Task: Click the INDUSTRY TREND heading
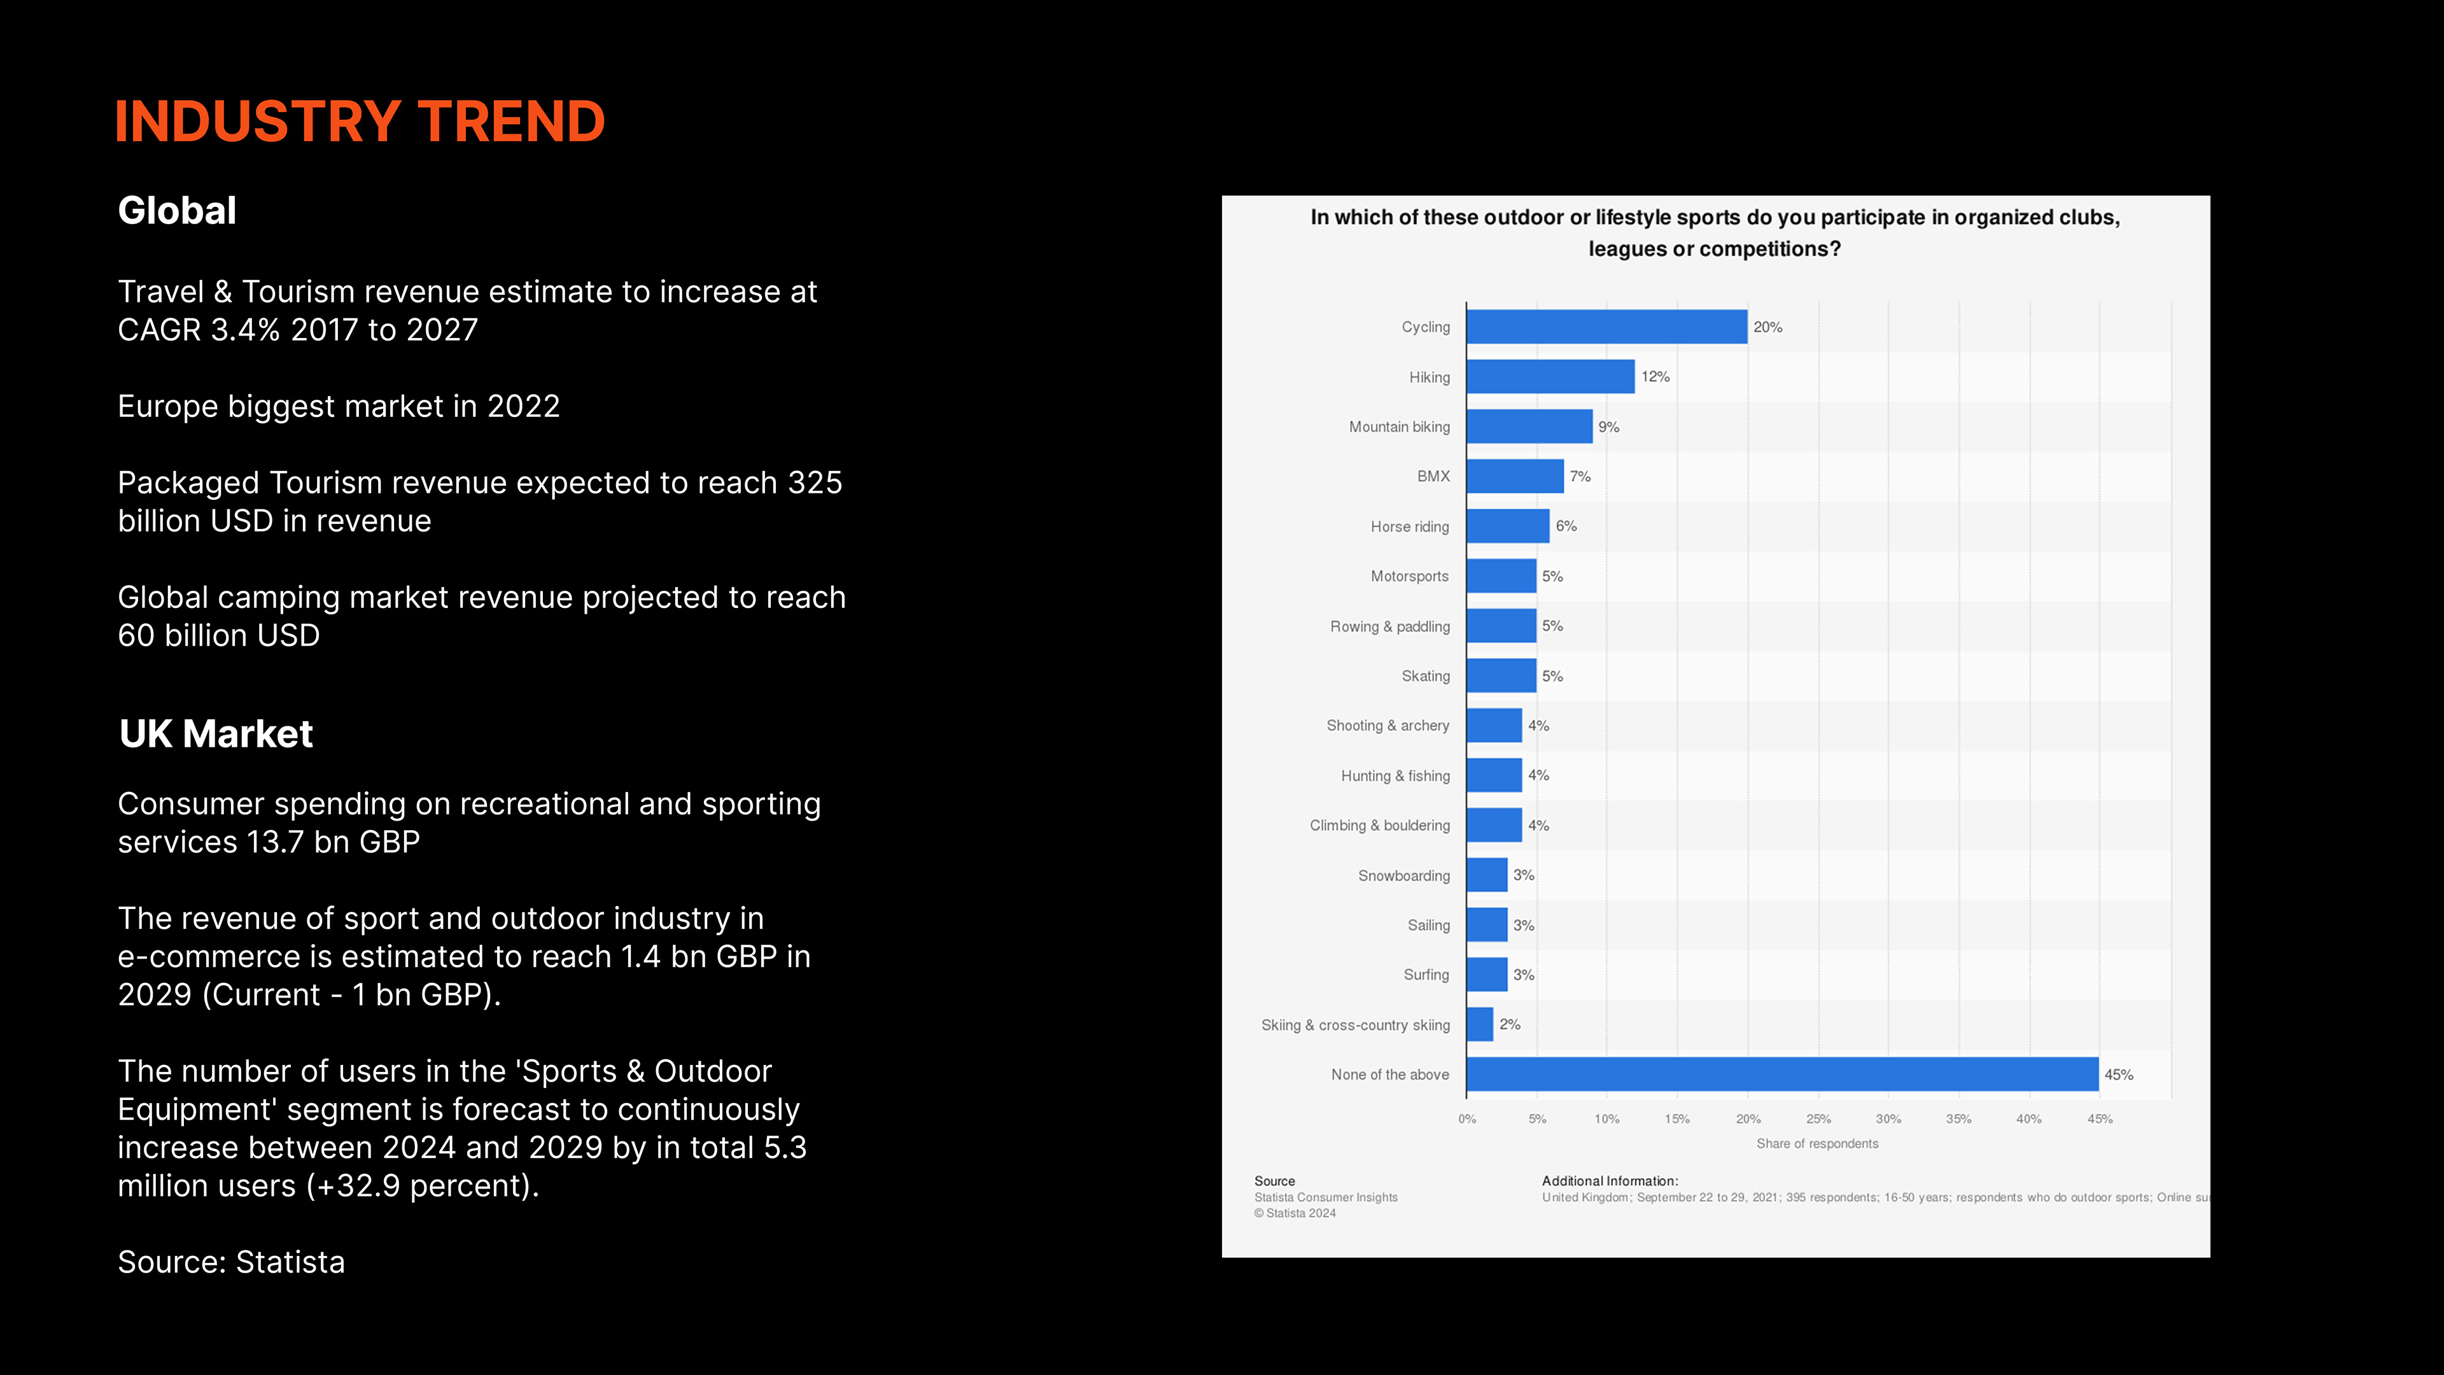(360, 122)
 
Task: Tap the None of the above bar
(1782, 1074)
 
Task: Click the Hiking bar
(1550, 377)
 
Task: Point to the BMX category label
(1433, 476)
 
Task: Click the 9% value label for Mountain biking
(1608, 427)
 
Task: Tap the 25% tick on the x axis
(1818, 1119)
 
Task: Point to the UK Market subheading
(216, 733)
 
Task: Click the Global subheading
(178, 211)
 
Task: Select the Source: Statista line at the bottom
(232, 1262)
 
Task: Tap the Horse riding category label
(1409, 526)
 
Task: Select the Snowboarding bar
(1487, 875)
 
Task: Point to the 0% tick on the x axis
(1467, 1119)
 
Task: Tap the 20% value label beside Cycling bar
(1767, 327)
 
